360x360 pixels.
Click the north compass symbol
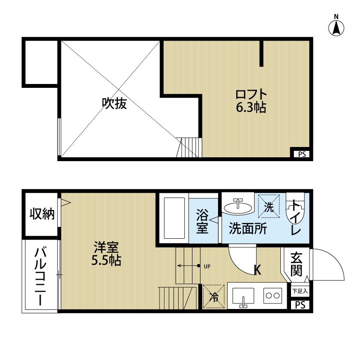tap(336, 27)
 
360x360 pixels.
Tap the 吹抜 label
tap(114, 103)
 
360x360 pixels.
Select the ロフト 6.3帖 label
tap(251, 101)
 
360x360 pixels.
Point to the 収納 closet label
tap(42, 214)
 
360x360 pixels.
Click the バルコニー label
tap(42, 276)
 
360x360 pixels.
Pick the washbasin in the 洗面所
tap(238, 207)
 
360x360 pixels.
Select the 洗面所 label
tap(247, 228)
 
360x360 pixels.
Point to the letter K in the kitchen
tap(258, 270)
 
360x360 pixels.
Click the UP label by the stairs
tap(207, 266)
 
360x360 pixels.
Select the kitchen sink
tap(243, 296)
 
